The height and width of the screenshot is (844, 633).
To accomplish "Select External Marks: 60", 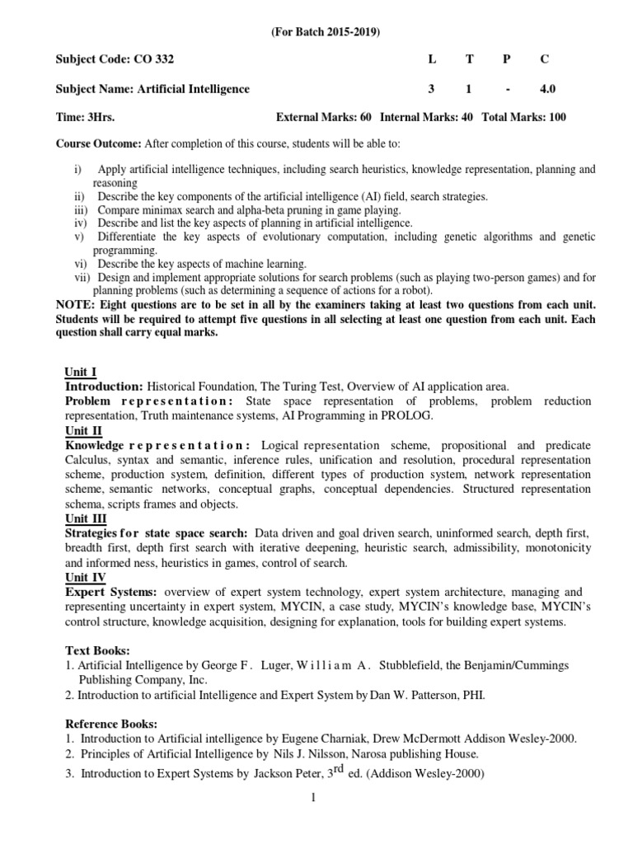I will point(324,117).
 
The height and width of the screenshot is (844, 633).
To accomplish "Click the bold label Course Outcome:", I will point(98,144).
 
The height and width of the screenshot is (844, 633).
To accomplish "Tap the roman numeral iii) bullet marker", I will point(80,209).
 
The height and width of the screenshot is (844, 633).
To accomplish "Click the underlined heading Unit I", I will point(80,373).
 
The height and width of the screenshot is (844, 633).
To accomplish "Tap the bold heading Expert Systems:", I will point(110,593).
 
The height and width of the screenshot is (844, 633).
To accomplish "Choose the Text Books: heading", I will point(96,649).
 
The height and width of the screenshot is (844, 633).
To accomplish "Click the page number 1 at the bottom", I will point(316,799).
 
